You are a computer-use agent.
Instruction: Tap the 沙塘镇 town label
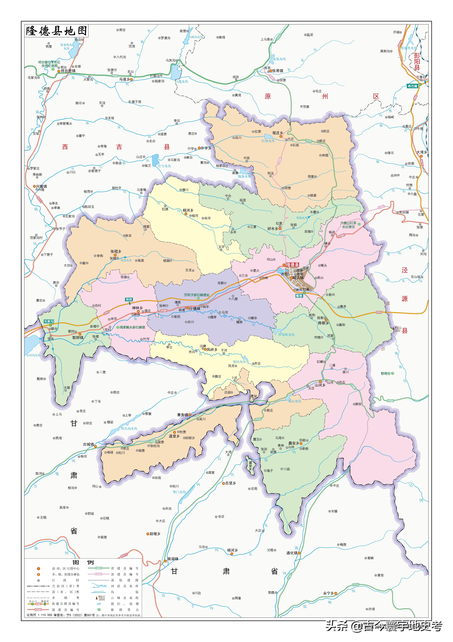[195, 308]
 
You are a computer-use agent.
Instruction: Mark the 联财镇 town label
[78, 338]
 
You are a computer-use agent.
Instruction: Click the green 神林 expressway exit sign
[129, 299]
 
